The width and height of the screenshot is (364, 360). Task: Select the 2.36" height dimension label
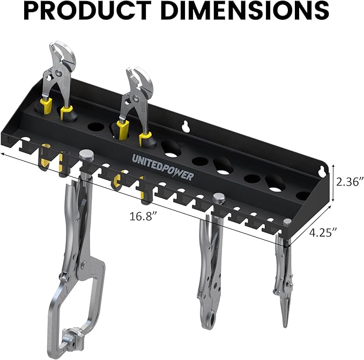pyautogui.click(x=350, y=181)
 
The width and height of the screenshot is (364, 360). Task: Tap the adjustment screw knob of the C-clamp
pyautogui.click(x=86, y=156)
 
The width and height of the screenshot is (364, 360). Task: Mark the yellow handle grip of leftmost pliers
pyautogui.click(x=45, y=102)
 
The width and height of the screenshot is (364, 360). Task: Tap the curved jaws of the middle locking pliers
pyautogui.click(x=208, y=317)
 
